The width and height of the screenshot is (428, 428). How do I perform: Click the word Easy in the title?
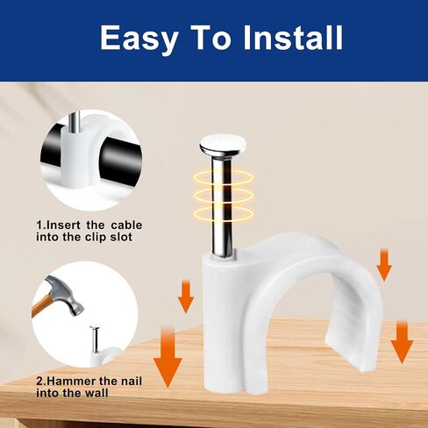(x=139, y=38)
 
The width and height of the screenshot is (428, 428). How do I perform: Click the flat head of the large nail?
(x=223, y=144)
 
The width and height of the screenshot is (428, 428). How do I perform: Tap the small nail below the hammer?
(x=95, y=339)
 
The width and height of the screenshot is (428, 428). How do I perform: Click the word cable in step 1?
(x=126, y=225)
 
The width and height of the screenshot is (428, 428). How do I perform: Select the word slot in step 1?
(x=121, y=237)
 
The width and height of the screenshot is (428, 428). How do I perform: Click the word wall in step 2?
(x=96, y=393)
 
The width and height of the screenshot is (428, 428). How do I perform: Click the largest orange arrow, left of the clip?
(x=168, y=357)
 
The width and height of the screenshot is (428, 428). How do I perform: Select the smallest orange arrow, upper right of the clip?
(x=384, y=265)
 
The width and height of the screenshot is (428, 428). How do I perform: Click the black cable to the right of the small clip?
(x=121, y=160)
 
